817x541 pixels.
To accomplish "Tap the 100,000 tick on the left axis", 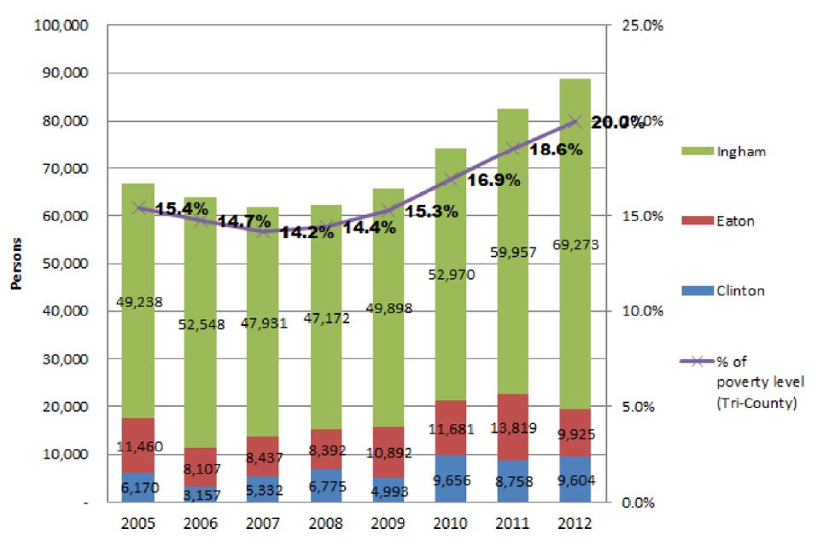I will coord(61,26).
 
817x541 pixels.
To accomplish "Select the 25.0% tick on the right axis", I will coord(641,26).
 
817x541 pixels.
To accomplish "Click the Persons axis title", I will coord(15,265).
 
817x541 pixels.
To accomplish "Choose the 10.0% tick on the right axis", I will coord(641,311).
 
